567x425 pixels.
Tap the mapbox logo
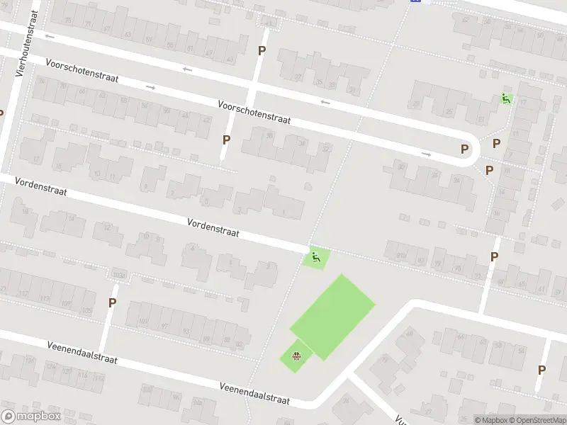(30, 416)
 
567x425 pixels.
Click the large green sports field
(332, 316)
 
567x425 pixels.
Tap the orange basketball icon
(297, 356)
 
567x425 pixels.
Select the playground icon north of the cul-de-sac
(506, 100)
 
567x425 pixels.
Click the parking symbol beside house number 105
(112, 302)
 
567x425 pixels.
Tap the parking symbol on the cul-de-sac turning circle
(465, 149)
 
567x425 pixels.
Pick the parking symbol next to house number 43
(262, 50)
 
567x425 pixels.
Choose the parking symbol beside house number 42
(226, 140)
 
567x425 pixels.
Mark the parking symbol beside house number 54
(489, 170)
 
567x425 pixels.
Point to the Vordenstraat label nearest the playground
(213, 227)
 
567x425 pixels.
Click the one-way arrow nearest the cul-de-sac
(425, 154)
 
